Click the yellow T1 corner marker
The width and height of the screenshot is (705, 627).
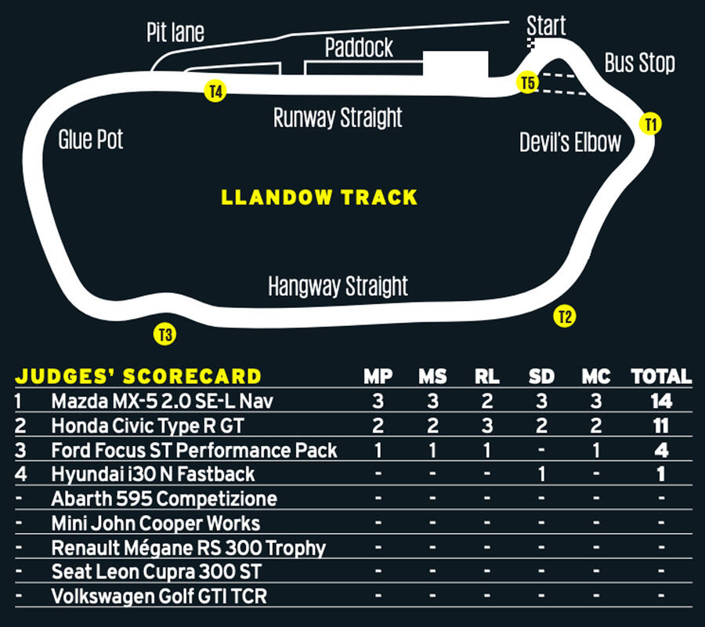(x=650, y=123)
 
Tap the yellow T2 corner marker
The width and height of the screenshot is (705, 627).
(x=564, y=317)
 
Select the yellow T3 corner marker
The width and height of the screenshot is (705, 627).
(x=164, y=335)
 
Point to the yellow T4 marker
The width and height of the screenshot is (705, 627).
(x=215, y=91)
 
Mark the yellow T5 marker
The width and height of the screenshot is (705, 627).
(x=528, y=82)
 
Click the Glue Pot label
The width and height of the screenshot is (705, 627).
(x=91, y=140)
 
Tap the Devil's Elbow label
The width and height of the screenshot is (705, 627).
(x=570, y=142)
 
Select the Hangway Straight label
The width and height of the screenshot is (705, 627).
(x=338, y=286)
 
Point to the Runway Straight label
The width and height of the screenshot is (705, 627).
(x=338, y=118)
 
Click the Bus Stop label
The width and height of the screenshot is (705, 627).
(x=639, y=63)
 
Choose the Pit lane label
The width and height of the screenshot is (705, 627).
(x=175, y=32)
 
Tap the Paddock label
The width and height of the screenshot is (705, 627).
(x=359, y=49)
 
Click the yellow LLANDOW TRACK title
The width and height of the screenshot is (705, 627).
(x=319, y=197)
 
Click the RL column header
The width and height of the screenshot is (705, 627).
(x=486, y=377)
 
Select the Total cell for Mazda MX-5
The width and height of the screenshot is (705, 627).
(x=661, y=401)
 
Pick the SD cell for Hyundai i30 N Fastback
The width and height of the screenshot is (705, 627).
(x=541, y=474)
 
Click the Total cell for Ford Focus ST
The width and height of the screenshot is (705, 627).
(x=661, y=450)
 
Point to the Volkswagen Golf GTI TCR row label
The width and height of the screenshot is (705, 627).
(x=159, y=596)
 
